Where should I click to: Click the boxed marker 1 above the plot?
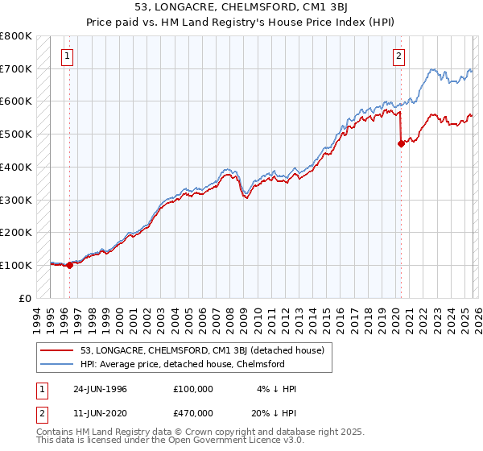pos(66,56)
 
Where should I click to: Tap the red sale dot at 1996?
pos(69,264)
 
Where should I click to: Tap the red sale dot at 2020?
pos(401,143)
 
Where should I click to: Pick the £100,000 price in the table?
pos(193,388)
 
